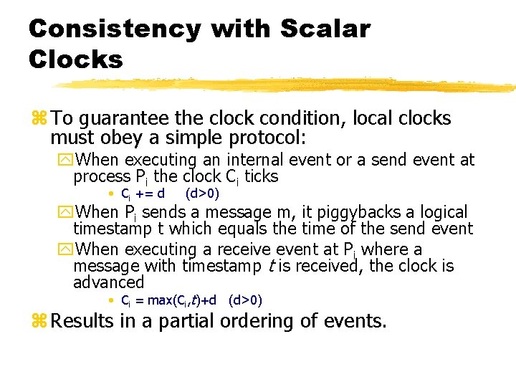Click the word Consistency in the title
click(115, 29)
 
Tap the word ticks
click(261, 176)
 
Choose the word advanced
click(108, 282)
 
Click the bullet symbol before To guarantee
click(37, 118)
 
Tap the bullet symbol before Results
click(37, 321)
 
